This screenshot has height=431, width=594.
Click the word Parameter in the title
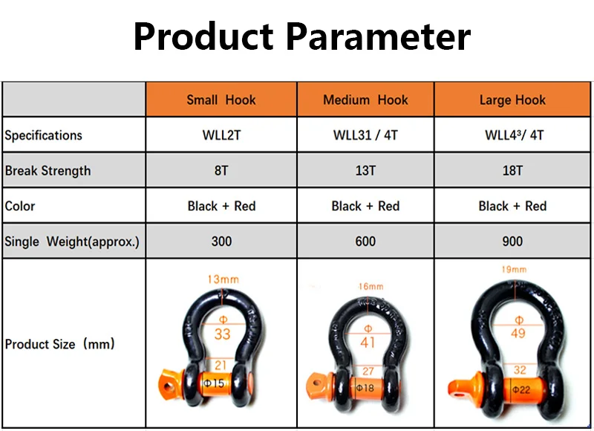(x=378, y=36)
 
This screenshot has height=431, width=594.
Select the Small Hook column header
(x=221, y=100)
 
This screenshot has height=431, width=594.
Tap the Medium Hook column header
(x=365, y=100)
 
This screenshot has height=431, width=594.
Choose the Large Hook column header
(x=512, y=100)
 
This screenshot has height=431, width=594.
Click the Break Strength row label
(x=48, y=171)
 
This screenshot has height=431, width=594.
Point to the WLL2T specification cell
(x=221, y=135)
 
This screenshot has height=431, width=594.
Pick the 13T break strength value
(x=365, y=171)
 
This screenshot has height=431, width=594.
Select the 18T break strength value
(x=512, y=171)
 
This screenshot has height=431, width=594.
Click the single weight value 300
(x=221, y=242)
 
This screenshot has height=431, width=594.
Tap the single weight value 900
(x=512, y=242)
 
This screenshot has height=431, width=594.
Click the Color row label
(x=20, y=206)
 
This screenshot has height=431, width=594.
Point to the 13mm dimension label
(x=223, y=279)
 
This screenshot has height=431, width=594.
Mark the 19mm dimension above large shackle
(x=514, y=270)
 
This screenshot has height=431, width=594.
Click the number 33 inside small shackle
(x=222, y=334)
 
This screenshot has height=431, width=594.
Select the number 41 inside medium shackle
(x=368, y=343)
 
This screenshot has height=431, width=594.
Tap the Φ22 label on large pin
(x=521, y=389)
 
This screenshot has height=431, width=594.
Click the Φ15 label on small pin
(x=214, y=383)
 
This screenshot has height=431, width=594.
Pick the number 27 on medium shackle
(x=368, y=371)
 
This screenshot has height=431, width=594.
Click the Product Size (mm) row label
(x=60, y=344)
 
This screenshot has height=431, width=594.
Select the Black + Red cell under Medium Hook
(x=365, y=206)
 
